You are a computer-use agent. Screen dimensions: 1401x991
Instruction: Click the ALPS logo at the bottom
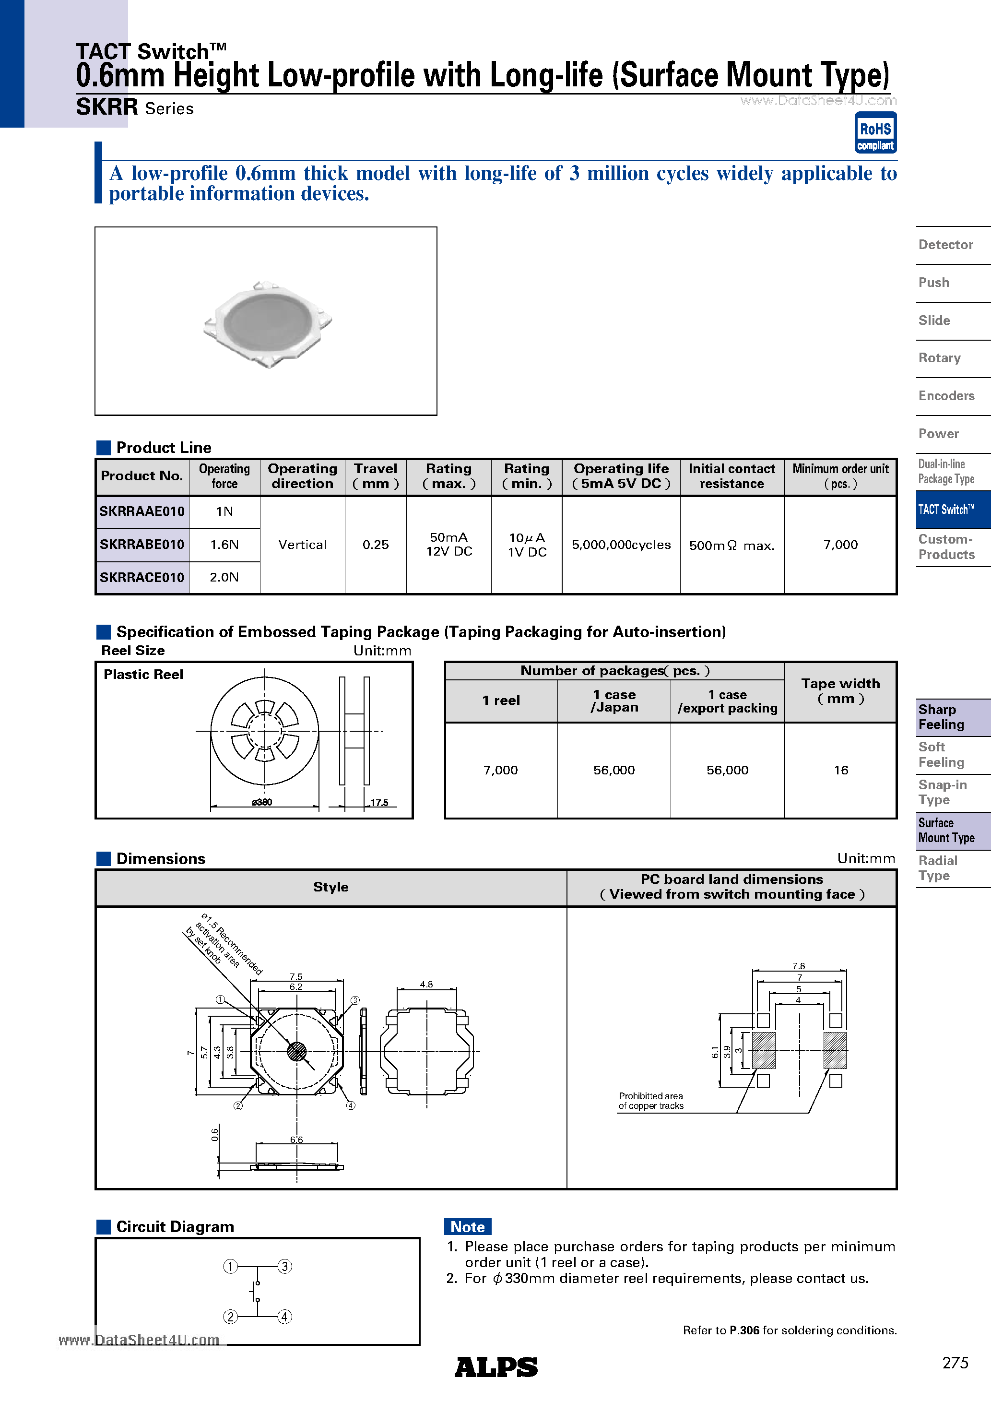coord(495,1367)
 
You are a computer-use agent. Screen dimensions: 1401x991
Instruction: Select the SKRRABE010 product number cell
coord(142,544)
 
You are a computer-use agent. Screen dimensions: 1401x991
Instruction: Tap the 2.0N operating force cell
coord(224,577)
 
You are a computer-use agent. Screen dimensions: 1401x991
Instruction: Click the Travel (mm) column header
coord(375,476)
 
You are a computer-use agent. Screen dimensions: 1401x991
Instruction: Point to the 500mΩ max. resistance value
coord(731,546)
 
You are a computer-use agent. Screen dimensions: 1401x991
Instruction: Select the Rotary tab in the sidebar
coord(939,358)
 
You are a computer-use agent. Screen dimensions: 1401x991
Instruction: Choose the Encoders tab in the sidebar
coord(946,396)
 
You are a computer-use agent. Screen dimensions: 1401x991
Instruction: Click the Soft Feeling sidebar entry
coord(941,755)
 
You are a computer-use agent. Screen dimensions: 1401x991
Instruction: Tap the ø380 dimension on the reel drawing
coord(262,802)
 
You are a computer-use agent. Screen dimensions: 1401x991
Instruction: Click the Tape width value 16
coord(840,770)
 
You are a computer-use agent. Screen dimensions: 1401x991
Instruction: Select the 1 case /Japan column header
coord(614,701)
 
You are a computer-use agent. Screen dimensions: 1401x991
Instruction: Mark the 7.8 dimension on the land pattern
coord(798,966)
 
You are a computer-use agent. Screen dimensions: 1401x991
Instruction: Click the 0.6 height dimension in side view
coord(215,1135)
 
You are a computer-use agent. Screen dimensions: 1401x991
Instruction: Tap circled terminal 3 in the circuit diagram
coord(284,1266)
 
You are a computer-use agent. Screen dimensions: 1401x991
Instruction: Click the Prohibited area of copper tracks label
coord(650,1101)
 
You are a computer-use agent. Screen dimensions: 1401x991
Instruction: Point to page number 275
coord(955,1363)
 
